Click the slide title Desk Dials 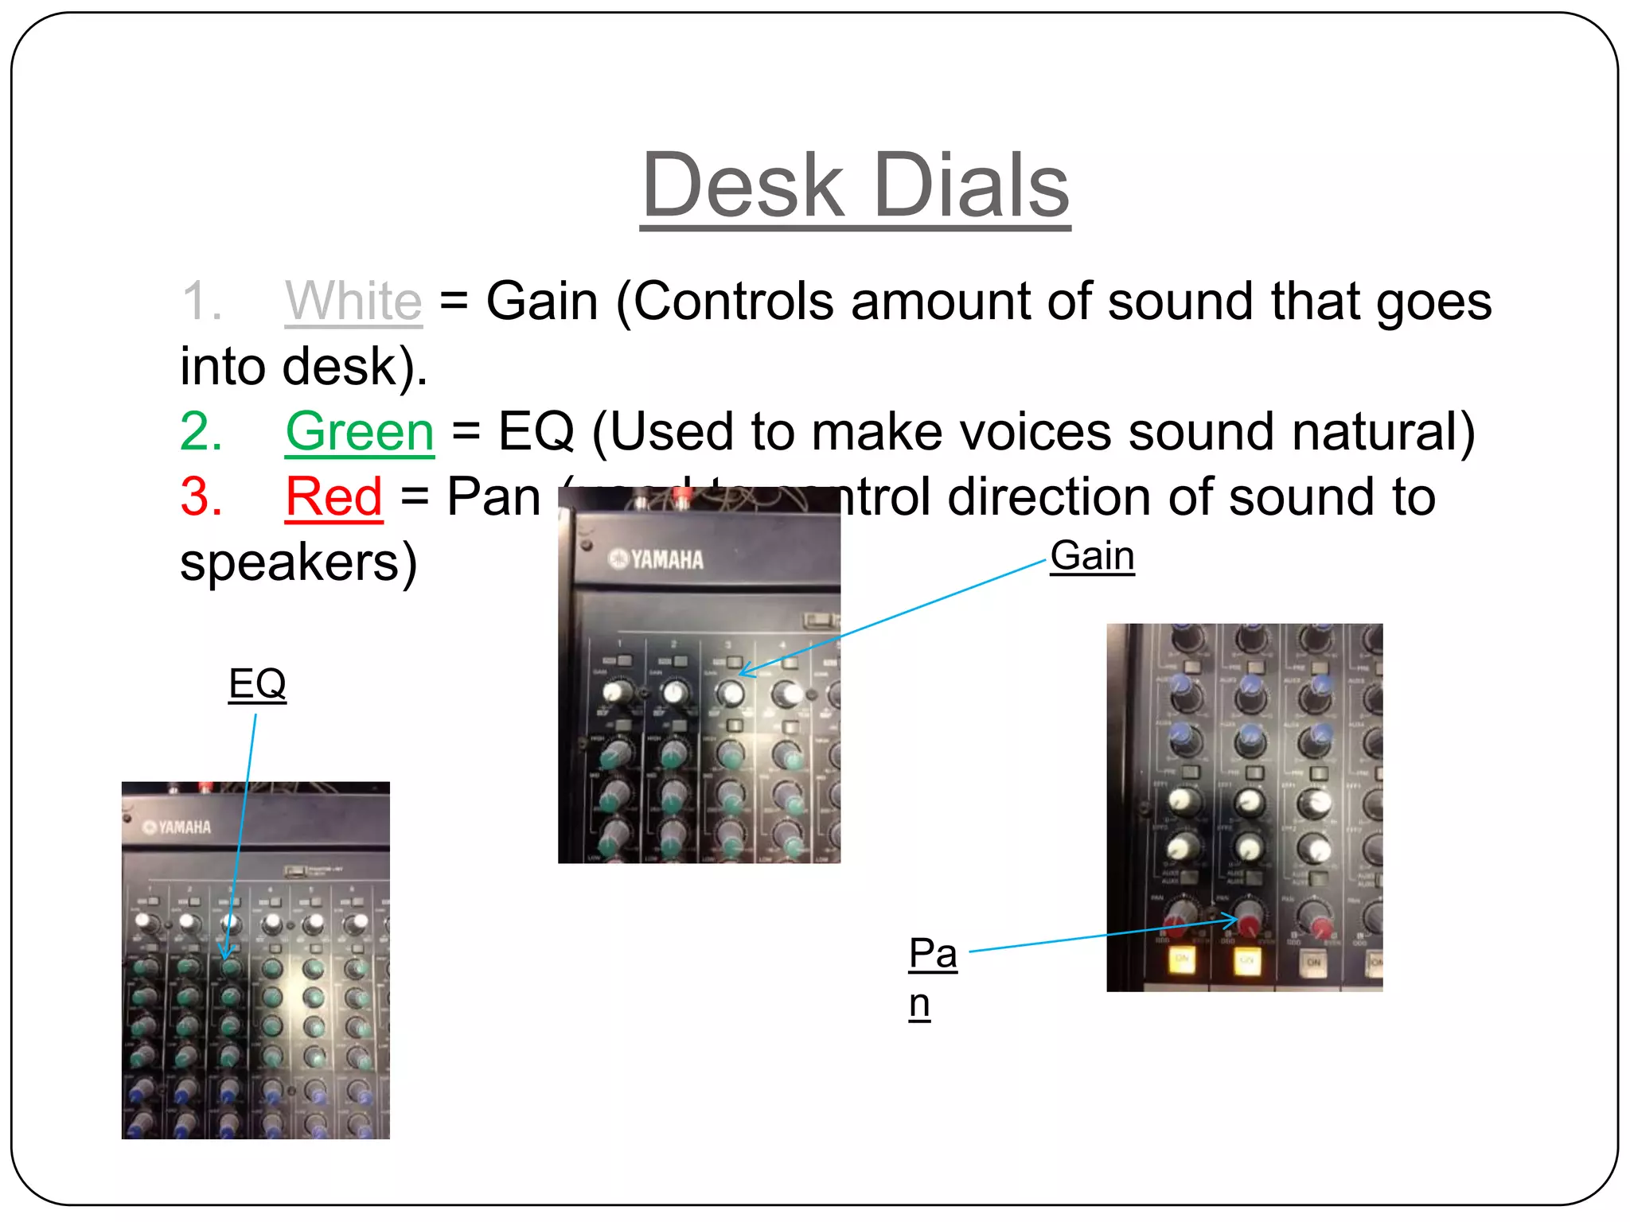(x=855, y=186)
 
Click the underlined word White (x=353, y=302)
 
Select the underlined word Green (x=360, y=432)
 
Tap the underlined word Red (x=334, y=497)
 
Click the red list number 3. (x=201, y=497)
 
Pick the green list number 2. (x=201, y=432)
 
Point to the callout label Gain (x=1092, y=555)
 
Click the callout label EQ (x=257, y=683)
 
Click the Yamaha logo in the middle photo (x=657, y=559)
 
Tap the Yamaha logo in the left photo (x=177, y=827)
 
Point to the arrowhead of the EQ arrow (x=226, y=955)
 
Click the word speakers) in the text (x=298, y=562)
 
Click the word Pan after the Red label (x=493, y=497)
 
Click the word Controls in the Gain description (x=732, y=302)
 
